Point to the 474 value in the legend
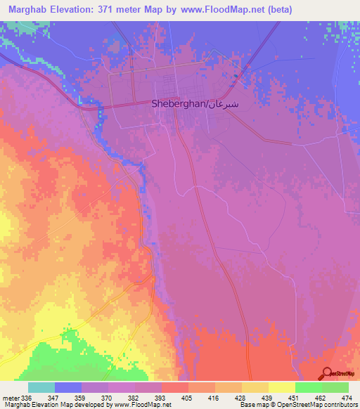(x=347, y=397)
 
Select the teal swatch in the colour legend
(x=41, y=387)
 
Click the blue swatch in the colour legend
(x=68, y=387)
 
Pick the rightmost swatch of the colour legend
(x=335, y=387)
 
